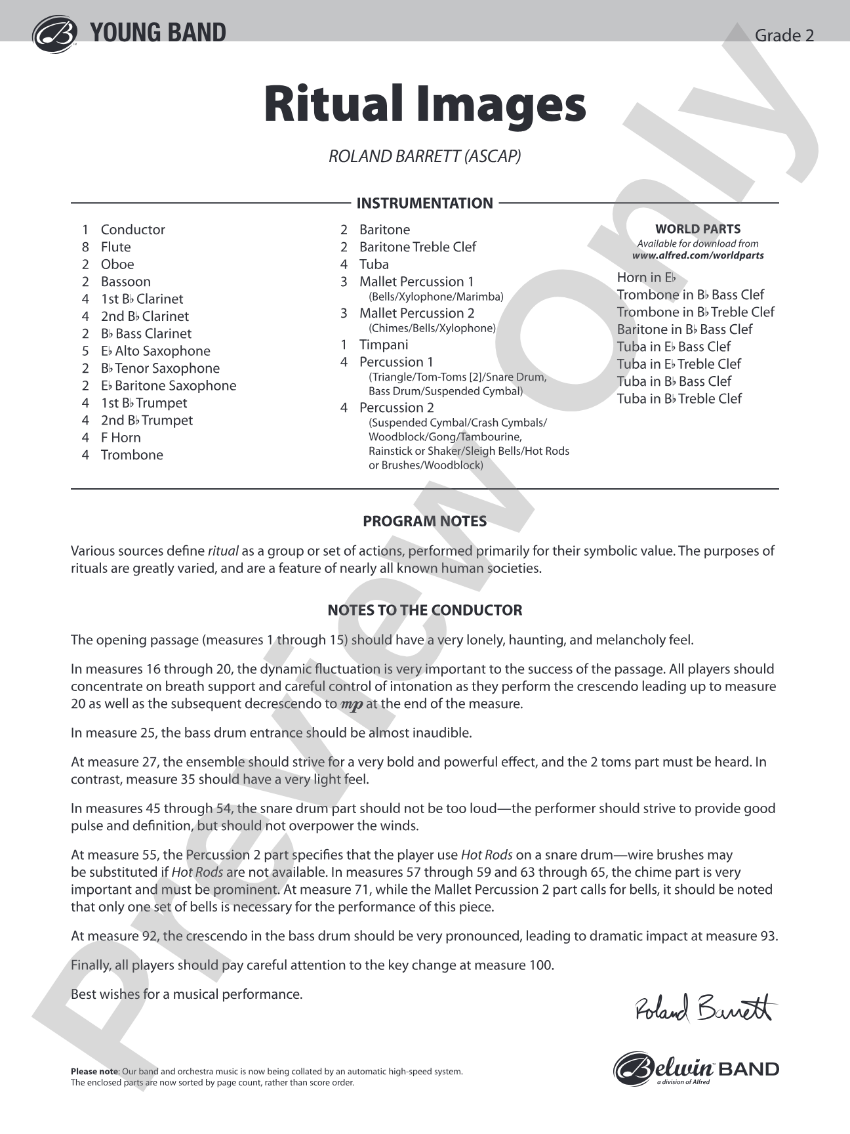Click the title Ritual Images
[424, 104]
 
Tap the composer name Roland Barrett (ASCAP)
[424, 156]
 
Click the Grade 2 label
[784, 35]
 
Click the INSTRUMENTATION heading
[424, 203]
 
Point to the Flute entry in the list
[115, 247]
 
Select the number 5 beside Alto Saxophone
[85, 351]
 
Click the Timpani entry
[383, 345]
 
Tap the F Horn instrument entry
[121, 438]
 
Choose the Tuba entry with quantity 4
[374, 264]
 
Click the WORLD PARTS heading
[698, 229]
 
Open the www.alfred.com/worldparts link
[698, 255]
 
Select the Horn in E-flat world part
[646, 278]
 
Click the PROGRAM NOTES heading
[424, 521]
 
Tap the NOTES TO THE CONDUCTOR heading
[424, 610]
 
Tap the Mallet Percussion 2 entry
[416, 313]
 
